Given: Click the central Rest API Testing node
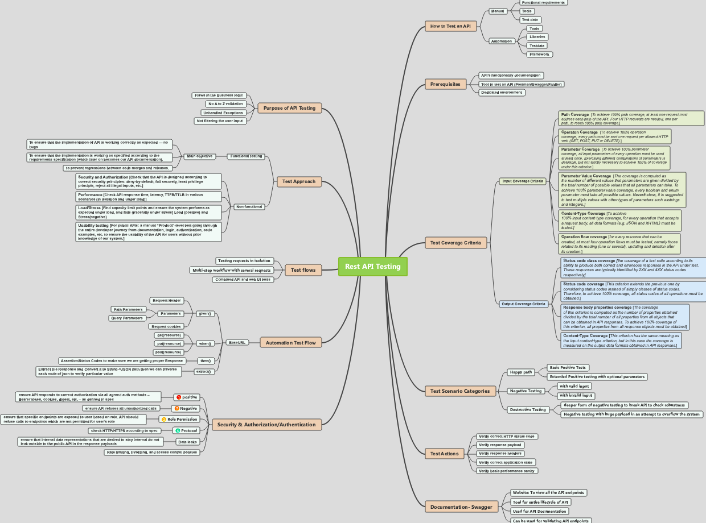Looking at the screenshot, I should (373, 267).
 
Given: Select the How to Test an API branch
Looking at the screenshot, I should (450, 26).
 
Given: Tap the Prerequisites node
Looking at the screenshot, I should (445, 84).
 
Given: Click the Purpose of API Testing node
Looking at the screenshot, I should (289, 108).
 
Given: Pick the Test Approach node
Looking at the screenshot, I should (299, 182).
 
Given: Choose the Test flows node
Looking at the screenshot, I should (303, 269).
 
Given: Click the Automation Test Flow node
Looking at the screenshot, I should (290, 342).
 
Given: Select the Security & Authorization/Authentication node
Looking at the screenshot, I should (266, 424).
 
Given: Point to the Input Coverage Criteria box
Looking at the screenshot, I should (522, 181).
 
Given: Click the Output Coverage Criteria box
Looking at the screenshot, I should (523, 304).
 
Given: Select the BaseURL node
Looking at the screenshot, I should (237, 342).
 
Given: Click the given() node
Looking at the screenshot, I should (204, 313).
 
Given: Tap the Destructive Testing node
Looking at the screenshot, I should (528, 409).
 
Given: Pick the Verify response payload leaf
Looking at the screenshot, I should (500, 445).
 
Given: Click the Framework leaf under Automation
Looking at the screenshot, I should (539, 55).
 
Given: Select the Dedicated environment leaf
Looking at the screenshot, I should (501, 93).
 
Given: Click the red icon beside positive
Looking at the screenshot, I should (179, 397).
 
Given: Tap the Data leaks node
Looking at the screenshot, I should (187, 442).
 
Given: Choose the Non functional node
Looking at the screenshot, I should (249, 207).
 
